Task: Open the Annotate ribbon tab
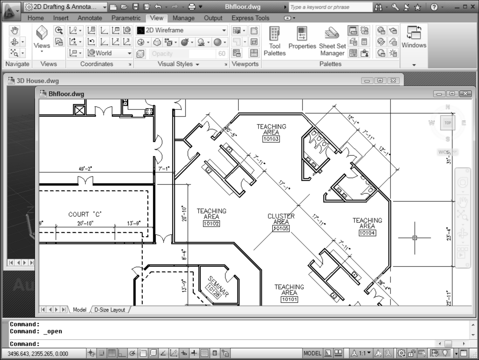point(90,18)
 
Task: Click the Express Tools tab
point(250,18)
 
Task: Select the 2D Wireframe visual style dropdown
point(181,30)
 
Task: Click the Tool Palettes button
point(275,42)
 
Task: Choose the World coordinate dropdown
point(109,53)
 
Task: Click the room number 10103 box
point(271,139)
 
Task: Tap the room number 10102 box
point(211,223)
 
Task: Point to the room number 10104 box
point(367,233)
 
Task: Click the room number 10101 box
point(289,299)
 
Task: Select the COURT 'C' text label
point(85,214)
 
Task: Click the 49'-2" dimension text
point(85,169)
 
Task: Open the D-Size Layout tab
point(110,310)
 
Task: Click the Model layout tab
point(79,310)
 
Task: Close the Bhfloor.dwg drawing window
point(465,94)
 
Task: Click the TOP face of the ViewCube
point(448,123)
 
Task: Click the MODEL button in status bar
point(312,353)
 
